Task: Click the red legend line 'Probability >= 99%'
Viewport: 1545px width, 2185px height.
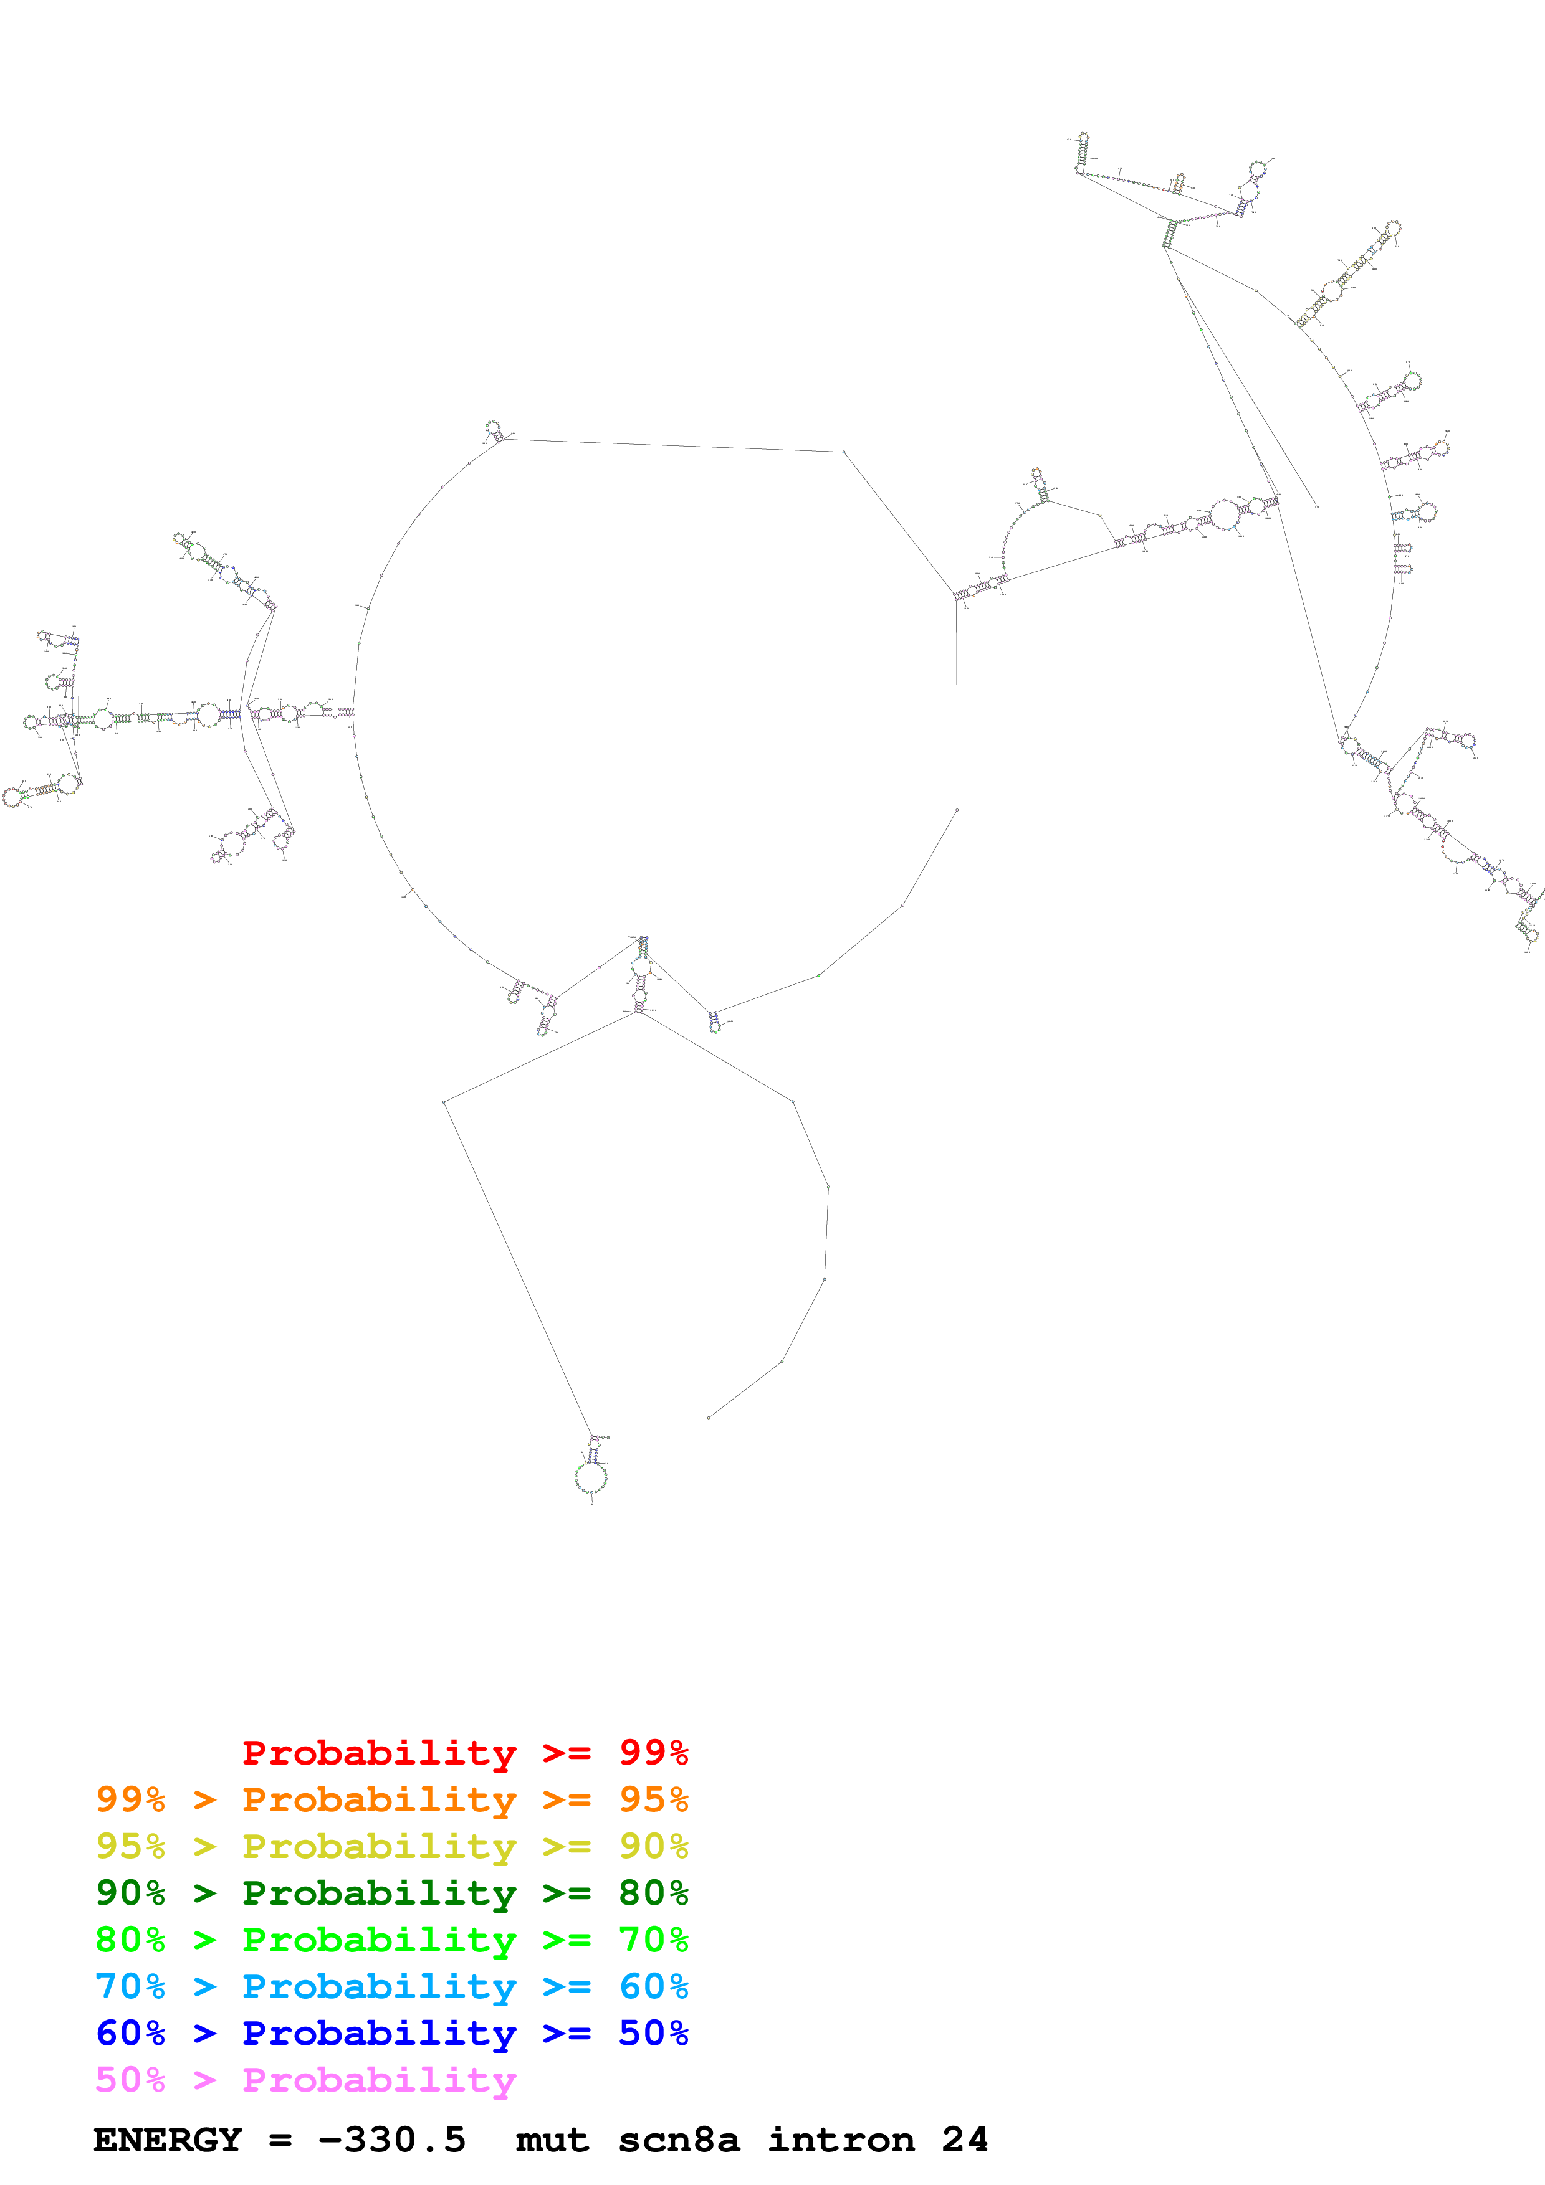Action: (x=464, y=1752)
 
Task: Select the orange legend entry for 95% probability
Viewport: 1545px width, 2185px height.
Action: (x=391, y=1799)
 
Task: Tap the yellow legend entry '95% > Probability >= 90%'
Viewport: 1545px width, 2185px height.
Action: (x=391, y=1846)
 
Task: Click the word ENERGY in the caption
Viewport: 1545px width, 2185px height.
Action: (x=168, y=2140)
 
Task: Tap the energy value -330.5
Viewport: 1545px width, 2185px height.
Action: (x=391, y=2140)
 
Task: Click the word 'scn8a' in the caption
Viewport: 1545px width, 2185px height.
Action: (x=678, y=2140)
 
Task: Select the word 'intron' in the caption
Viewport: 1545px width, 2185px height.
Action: (x=841, y=2140)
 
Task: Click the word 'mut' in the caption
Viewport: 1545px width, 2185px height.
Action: (x=552, y=2140)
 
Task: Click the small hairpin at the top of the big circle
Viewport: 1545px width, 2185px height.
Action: (x=493, y=429)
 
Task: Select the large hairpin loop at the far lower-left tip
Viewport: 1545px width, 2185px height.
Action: (x=12, y=797)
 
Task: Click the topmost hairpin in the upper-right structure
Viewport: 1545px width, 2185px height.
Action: (x=1083, y=141)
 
